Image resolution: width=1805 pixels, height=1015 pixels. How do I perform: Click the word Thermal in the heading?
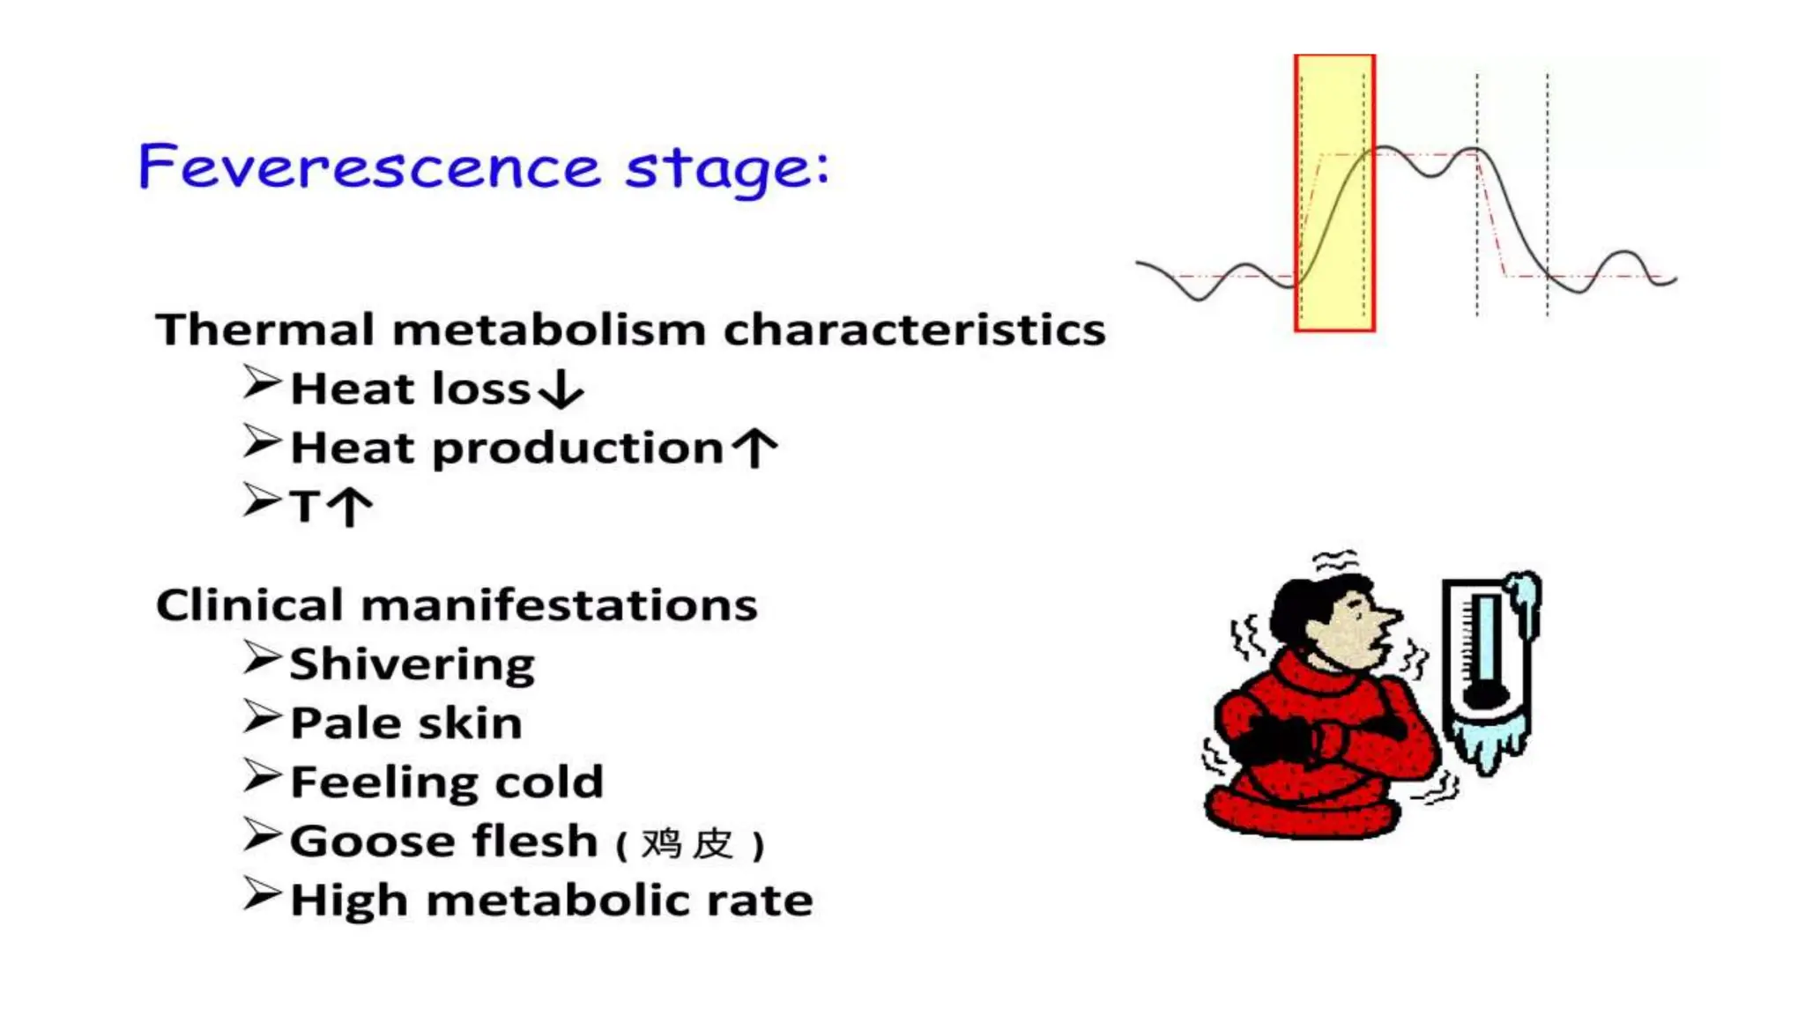[x=265, y=330]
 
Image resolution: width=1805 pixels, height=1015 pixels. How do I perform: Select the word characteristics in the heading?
[x=914, y=330]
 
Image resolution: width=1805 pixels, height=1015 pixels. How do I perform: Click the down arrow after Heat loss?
[x=561, y=389]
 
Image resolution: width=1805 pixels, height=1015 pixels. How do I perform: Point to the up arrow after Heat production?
[x=756, y=448]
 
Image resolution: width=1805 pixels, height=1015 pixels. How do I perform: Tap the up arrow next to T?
[x=351, y=507]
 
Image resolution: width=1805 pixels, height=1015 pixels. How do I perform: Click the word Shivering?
[x=412, y=664]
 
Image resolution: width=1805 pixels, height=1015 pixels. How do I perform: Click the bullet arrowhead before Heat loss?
[x=262, y=383]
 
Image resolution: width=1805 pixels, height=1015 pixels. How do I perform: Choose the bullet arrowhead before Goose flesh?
[x=262, y=835]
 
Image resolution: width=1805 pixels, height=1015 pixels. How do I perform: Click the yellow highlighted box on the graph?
[x=1333, y=193]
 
